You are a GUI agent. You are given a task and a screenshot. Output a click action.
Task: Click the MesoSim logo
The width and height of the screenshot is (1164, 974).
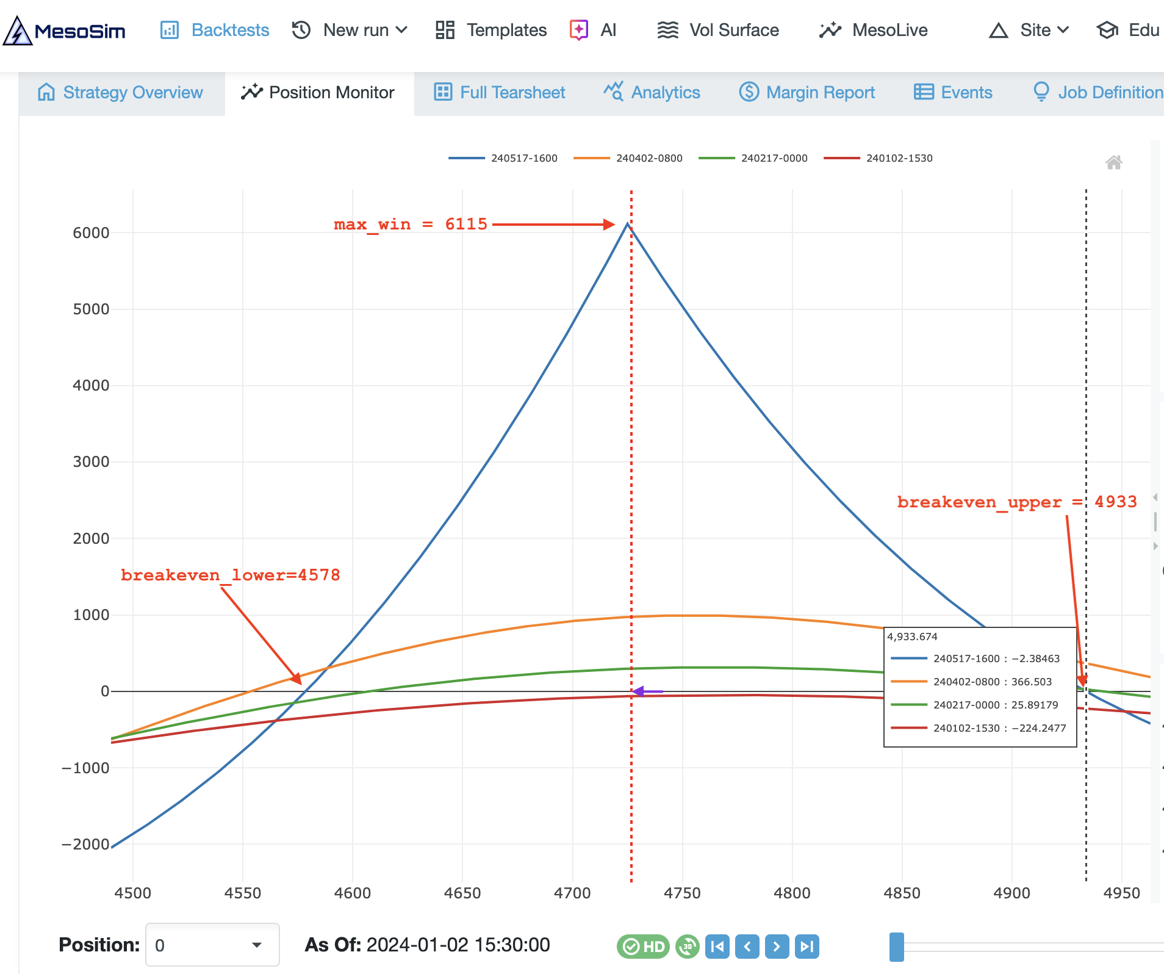[65, 31]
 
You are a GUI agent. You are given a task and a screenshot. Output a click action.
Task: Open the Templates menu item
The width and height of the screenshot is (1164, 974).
[491, 30]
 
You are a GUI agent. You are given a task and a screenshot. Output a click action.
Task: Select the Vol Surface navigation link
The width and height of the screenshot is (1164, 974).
[718, 30]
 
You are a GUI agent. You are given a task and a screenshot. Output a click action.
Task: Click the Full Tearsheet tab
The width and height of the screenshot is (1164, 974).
[500, 93]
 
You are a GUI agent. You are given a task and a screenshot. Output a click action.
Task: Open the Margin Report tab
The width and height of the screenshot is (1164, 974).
[807, 93]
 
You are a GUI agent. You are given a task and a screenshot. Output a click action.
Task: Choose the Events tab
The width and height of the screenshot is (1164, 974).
[953, 93]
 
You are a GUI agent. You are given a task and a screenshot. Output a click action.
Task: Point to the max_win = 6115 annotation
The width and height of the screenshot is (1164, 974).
[411, 224]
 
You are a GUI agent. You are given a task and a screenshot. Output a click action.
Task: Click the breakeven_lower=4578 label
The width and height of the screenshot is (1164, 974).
[230, 575]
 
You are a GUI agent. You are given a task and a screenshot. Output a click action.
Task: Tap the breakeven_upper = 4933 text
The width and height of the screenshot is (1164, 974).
[1016, 502]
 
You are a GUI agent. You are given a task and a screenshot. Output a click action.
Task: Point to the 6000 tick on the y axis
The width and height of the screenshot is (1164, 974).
[91, 233]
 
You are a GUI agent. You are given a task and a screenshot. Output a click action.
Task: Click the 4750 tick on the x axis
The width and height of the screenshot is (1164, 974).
[682, 893]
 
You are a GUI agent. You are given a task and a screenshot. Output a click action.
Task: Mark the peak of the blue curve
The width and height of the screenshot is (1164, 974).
[628, 224]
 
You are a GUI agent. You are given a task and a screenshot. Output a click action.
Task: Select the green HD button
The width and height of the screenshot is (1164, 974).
[643, 947]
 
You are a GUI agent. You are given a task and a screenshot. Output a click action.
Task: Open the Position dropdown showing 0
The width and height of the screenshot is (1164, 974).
[212, 945]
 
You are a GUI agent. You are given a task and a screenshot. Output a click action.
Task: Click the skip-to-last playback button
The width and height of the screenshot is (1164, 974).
[807, 947]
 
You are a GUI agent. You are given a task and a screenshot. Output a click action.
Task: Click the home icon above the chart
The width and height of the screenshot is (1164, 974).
[1113, 162]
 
